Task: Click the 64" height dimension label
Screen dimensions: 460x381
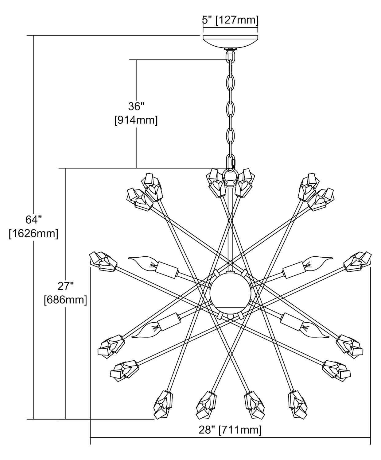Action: (33, 220)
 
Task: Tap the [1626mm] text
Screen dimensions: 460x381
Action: (33, 234)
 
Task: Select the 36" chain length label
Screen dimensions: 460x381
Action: (136, 106)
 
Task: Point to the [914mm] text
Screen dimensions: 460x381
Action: (136, 120)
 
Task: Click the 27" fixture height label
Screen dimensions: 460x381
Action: (66, 286)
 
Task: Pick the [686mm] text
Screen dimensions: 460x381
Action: (65, 300)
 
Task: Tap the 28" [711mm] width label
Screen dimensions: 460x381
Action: (230, 430)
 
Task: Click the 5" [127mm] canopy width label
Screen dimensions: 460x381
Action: (230, 20)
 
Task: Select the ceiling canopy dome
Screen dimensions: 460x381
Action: (230, 41)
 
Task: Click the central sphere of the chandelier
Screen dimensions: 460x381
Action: (230, 291)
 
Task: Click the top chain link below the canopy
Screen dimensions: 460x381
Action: (230, 56)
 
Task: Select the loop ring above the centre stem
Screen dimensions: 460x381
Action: (230, 177)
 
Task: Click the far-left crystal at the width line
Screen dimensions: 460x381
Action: (103, 261)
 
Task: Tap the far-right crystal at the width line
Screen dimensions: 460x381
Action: (358, 261)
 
